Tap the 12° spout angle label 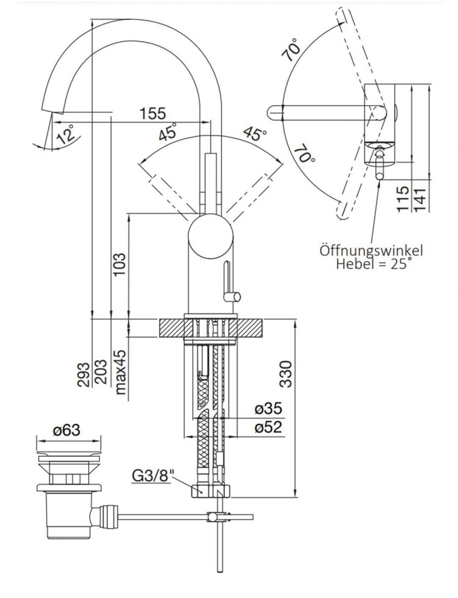(66, 135)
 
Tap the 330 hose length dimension (286, 374)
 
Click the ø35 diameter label (268, 409)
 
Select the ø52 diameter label (268, 427)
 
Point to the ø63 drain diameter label (66, 431)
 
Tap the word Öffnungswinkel (371, 251)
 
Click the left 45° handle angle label (168, 134)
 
